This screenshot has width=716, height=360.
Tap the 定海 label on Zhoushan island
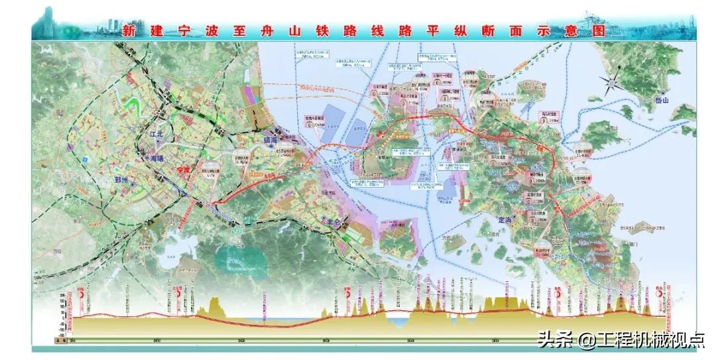coord(505,219)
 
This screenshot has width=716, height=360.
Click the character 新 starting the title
coord(129,30)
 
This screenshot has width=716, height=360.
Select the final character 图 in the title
coord(595,30)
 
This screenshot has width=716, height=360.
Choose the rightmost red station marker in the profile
coord(660,292)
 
